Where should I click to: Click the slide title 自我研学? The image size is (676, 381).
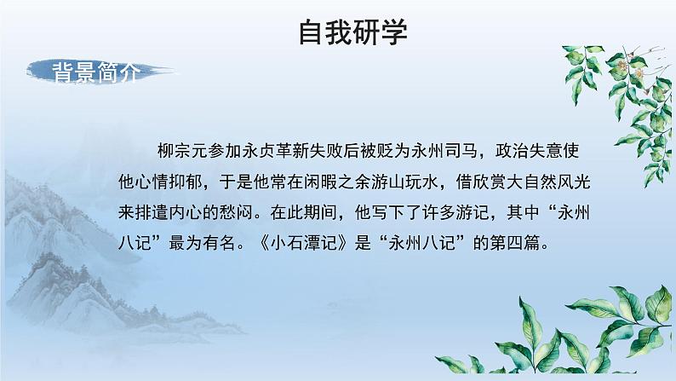(353, 32)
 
